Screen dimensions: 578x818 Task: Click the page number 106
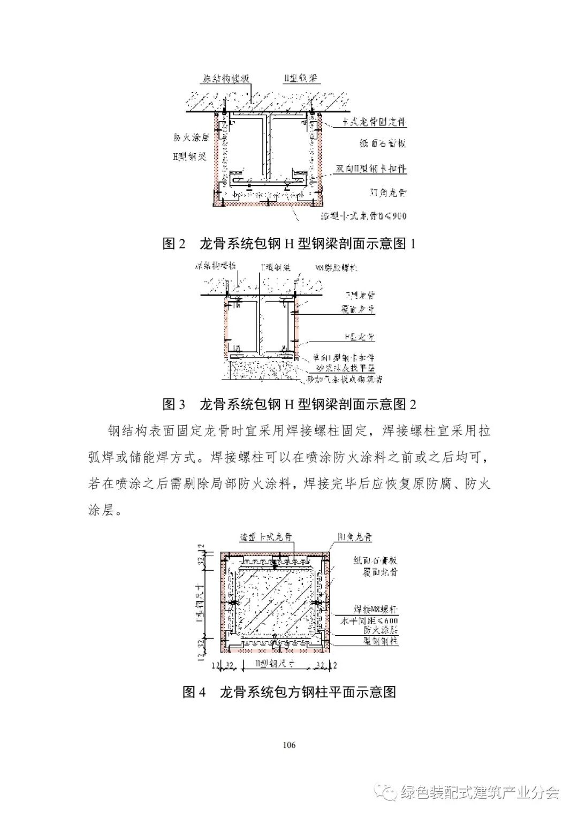pos(288,744)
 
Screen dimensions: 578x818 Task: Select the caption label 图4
pos(194,692)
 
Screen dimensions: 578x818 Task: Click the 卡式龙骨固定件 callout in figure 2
pos(375,123)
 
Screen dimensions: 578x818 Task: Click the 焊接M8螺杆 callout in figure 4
pos(376,610)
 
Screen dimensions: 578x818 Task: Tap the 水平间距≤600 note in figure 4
pos(376,620)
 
